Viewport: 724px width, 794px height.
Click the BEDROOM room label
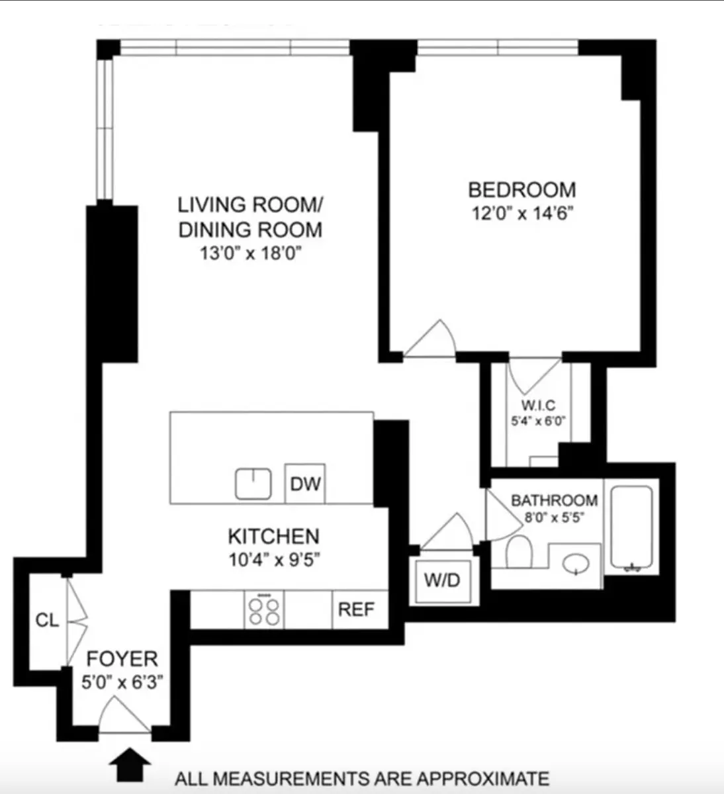pos(521,190)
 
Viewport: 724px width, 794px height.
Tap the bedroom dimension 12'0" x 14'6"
pos(520,214)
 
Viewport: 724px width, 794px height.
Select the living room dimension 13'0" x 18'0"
pos(250,254)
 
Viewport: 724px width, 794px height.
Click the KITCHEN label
pos(273,536)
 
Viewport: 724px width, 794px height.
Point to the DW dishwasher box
pos(305,484)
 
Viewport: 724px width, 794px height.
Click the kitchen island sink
pos(254,484)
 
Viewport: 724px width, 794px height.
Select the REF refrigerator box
pos(356,609)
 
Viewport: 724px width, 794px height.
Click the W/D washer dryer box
pos(442,581)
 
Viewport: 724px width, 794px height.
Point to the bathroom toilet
pos(519,552)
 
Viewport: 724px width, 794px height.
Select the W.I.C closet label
pos(537,406)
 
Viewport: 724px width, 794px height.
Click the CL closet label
pos(47,621)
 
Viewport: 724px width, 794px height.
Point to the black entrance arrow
pos(129,766)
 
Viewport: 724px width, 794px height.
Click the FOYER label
pos(122,659)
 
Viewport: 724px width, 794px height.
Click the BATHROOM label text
pos(554,500)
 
